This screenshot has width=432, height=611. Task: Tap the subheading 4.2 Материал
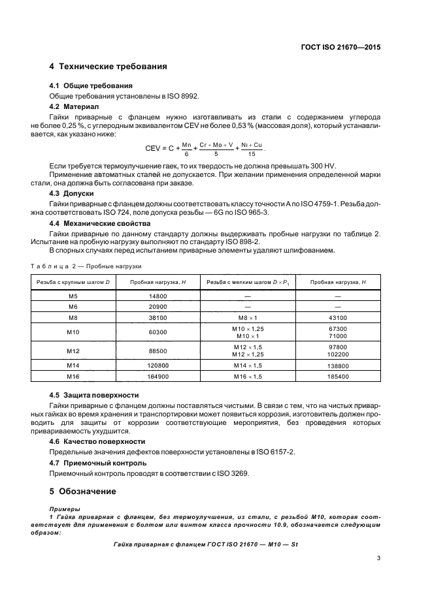click(x=74, y=106)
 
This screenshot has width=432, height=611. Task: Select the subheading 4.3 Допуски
click(x=72, y=195)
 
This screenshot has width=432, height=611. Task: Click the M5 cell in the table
click(x=73, y=296)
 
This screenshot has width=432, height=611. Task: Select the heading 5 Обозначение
click(x=84, y=491)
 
